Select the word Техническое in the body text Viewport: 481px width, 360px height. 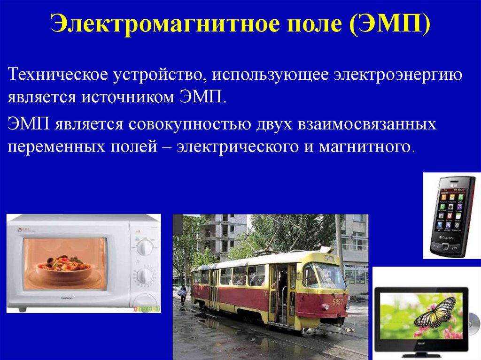(x=57, y=75)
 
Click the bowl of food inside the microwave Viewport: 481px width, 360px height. (x=64, y=263)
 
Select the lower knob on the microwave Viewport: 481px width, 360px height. (x=144, y=276)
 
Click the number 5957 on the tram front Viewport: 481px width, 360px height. (x=338, y=302)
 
